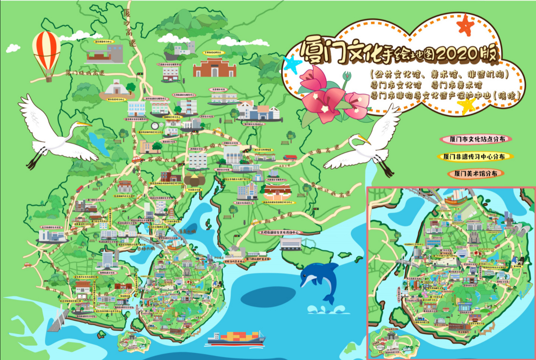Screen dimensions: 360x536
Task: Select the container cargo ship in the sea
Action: point(236,338)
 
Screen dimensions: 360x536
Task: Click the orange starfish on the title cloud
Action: point(466,25)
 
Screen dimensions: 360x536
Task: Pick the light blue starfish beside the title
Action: point(293,64)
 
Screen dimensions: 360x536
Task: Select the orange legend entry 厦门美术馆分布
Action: point(476,174)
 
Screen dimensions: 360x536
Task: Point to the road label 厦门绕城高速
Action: point(85,73)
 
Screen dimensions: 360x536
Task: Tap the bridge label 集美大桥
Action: point(187,231)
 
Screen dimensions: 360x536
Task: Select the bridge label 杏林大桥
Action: point(146,249)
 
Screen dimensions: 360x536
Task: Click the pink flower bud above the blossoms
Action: point(347,76)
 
